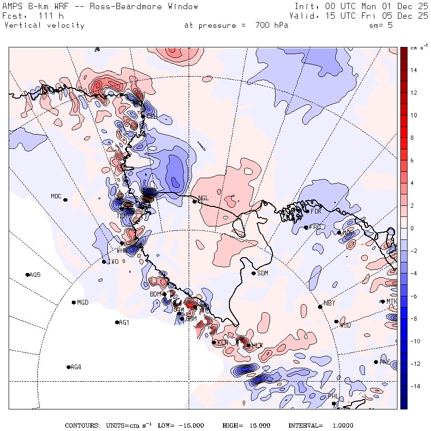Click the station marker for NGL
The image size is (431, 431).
(194, 201)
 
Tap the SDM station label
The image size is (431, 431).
(263, 273)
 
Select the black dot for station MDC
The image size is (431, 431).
(65, 200)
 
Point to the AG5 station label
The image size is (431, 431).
(35, 275)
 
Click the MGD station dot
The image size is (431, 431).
(74, 302)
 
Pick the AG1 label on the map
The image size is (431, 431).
(124, 323)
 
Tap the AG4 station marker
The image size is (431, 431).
(68, 367)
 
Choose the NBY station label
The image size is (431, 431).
(329, 303)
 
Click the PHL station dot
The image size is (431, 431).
(334, 403)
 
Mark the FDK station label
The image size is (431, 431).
(316, 211)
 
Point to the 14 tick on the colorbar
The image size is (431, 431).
(413, 70)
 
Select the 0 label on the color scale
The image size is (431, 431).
(412, 228)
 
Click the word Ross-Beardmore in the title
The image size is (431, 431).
(136, 7)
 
